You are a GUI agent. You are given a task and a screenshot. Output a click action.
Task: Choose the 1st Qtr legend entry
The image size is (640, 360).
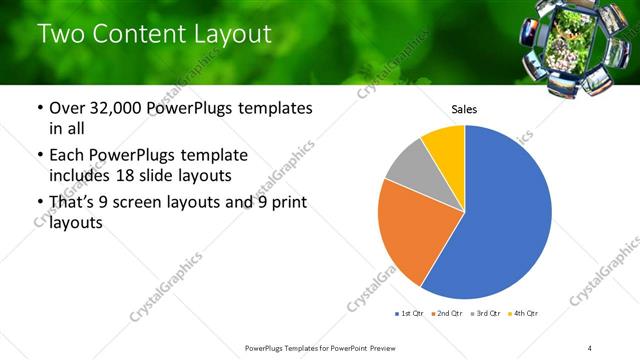(x=410, y=314)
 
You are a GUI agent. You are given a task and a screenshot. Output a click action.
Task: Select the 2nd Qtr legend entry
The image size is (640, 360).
(x=447, y=314)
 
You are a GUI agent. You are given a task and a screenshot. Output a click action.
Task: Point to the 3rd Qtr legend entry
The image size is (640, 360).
(x=485, y=314)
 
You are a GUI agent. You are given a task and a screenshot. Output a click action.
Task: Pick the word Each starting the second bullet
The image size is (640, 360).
(x=67, y=155)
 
